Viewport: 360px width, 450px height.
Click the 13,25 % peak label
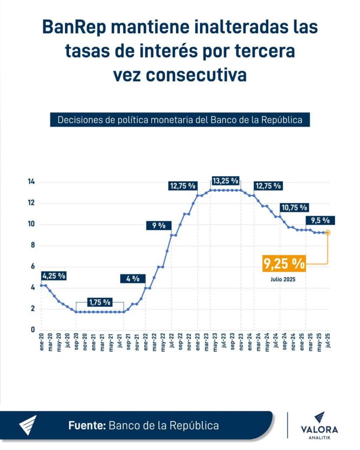click(225, 181)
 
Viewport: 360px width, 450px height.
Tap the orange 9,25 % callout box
click(284, 264)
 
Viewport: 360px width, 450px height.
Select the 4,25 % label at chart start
click(54, 276)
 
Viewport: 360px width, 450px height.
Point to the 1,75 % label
click(100, 302)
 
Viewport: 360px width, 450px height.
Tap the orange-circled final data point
click(327, 232)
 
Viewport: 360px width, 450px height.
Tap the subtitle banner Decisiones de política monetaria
click(180, 120)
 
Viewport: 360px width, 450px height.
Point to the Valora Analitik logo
click(320, 425)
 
